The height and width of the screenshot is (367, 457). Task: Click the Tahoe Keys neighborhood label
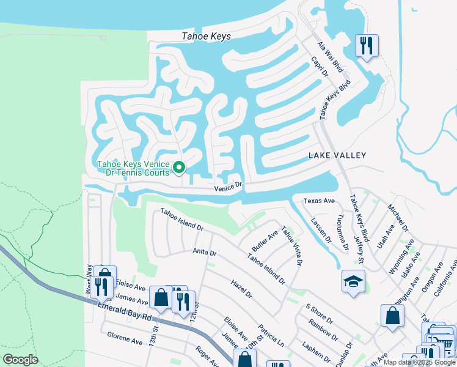pos(207,37)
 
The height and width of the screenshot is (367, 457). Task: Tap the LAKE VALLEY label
pos(337,155)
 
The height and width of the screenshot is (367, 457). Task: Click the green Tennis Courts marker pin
pos(179,167)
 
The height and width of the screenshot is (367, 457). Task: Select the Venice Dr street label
pos(228,187)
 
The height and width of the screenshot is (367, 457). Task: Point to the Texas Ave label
pos(319,201)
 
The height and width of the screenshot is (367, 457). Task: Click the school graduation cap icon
pos(353,282)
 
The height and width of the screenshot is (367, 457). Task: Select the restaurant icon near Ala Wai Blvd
pos(367,46)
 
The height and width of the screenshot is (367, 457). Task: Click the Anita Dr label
pos(205,251)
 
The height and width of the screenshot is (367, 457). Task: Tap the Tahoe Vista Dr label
pos(291,247)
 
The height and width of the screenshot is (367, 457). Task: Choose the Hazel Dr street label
pos(241,289)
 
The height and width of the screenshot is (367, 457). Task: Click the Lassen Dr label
pos(320,231)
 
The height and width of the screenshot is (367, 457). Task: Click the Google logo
pos(20,360)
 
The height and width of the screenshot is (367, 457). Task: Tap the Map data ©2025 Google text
pos(419,362)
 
